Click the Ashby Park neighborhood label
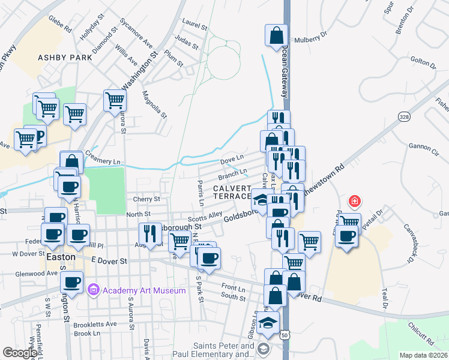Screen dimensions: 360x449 point(65,58)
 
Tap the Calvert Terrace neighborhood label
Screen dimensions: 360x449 point(231,192)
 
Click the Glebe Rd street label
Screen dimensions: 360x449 point(60,25)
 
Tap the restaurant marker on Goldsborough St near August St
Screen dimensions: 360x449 point(151,233)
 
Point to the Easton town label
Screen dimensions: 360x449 point(61,257)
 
